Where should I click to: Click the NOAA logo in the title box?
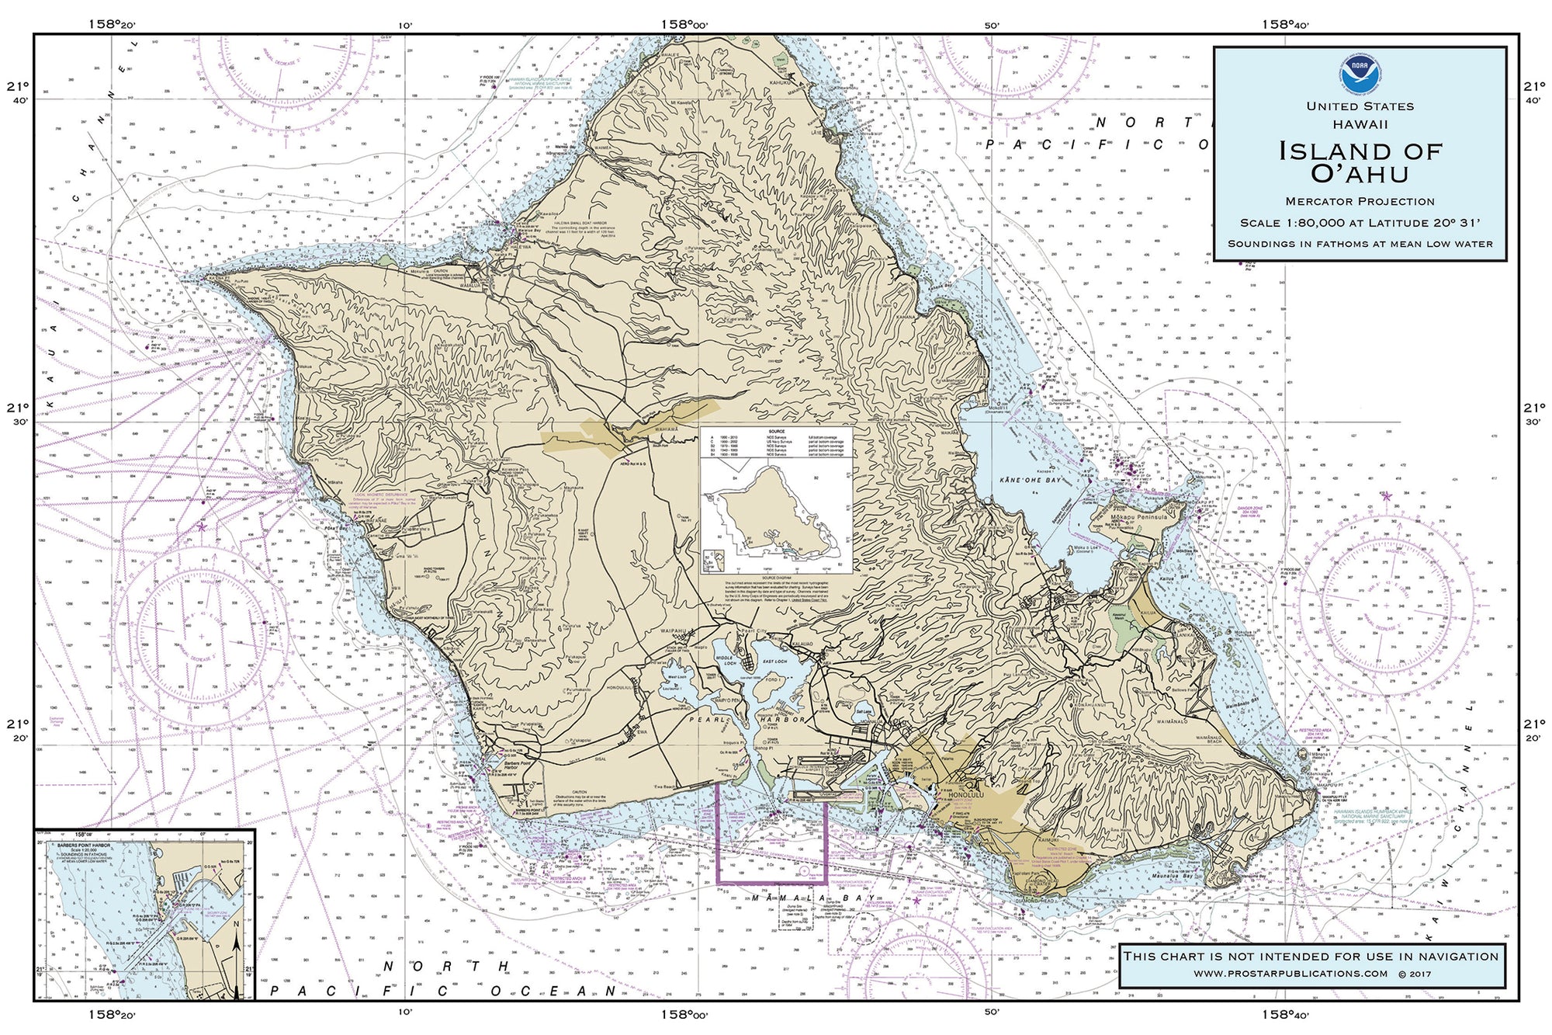1360,72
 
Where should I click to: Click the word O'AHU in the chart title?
1360,173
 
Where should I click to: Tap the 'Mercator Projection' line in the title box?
1360,202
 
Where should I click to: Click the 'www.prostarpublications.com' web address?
1290,974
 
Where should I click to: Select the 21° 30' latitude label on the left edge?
17,414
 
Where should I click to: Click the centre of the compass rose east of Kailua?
1387,605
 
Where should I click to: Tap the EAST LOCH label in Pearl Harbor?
774,661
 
